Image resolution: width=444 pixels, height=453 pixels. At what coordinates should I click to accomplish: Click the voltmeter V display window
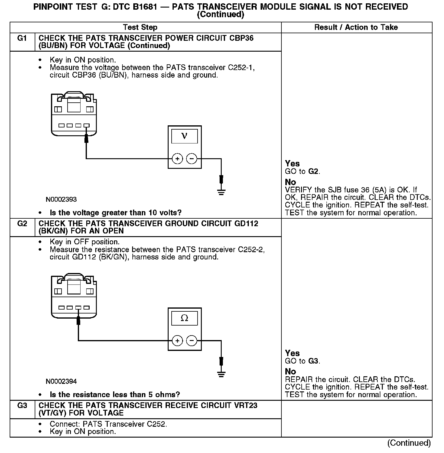point(184,136)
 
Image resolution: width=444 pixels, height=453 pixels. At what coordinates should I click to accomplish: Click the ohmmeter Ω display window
point(184,318)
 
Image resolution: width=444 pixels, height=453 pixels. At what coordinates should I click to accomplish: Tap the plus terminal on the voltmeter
point(177,159)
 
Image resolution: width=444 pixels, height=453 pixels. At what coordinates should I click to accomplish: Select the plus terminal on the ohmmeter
point(177,341)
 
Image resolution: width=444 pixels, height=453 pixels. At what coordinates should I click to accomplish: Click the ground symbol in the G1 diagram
point(221,192)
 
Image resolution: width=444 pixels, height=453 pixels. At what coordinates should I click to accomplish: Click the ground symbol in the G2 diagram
point(221,374)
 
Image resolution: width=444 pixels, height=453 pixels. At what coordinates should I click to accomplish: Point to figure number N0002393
point(61,200)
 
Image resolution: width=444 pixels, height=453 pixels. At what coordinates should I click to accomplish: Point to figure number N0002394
point(61,381)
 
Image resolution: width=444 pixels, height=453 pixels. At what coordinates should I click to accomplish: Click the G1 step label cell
point(22,38)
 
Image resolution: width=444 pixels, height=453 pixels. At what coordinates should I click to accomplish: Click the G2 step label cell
point(22,224)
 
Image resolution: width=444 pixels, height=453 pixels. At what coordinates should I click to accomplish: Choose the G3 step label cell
point(22,406)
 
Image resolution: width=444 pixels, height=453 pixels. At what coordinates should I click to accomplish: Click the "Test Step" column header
point(140,27)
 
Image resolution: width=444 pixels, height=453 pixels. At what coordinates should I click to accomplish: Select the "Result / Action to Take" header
point(356,27)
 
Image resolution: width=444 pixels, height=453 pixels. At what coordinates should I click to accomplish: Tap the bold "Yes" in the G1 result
point(292,164)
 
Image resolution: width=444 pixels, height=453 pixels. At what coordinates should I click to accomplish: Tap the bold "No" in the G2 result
point(290,371)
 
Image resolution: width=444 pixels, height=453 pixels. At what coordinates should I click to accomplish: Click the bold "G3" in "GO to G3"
point(313,361)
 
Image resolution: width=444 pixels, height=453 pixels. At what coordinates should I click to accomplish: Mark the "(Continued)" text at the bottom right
point(409,443)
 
